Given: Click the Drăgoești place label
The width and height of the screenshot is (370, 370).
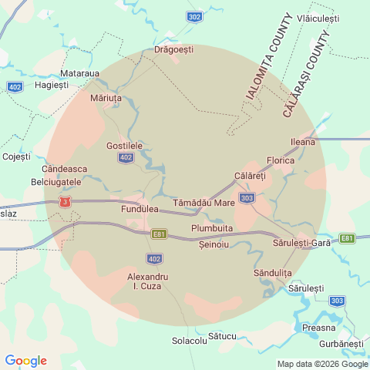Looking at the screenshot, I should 173,49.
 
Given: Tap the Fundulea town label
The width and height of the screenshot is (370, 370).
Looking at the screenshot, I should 140,209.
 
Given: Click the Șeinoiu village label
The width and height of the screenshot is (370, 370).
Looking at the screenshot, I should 214,244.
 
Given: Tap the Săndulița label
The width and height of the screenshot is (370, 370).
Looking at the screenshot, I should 272,273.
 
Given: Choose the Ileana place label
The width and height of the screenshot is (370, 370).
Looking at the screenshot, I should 302,142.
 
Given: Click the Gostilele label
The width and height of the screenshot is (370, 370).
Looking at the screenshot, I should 124,145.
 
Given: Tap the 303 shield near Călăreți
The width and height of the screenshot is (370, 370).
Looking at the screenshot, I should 247,198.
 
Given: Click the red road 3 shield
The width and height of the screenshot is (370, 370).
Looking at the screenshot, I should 68,202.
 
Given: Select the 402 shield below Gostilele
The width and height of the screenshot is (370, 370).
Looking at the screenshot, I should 126,157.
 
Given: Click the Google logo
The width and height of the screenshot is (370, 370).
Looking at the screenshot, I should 25,361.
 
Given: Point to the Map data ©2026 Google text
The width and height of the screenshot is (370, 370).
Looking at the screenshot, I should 323,365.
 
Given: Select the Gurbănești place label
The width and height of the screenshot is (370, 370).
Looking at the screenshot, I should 341,342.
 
